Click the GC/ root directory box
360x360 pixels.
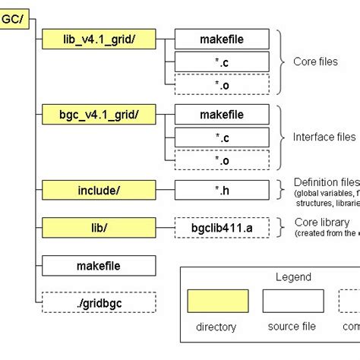coord(14,20)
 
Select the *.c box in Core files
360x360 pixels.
coord(221,61)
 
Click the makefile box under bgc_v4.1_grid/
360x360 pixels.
coord(221,115)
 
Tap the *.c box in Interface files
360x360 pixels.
coord(221,137)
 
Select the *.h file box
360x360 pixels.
coord(221,191)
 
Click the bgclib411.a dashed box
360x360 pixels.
coord(221,227)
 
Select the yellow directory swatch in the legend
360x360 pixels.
coord(217,302)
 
